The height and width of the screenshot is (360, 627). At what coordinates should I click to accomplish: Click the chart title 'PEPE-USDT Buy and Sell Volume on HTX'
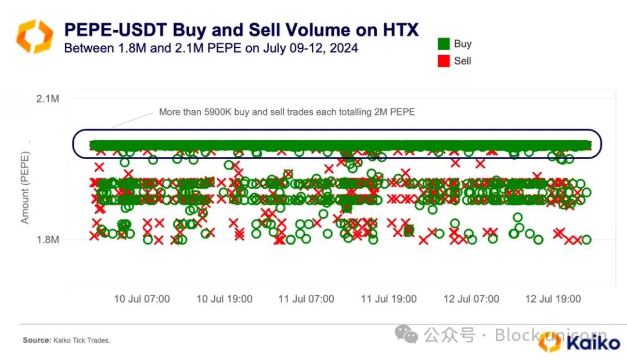click(241, 30)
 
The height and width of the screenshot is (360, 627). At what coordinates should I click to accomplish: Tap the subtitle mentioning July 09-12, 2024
click(211, 48)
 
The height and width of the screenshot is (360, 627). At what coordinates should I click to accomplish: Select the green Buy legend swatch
click(444, 44)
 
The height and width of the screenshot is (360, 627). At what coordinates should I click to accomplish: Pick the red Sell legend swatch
click(444, 61)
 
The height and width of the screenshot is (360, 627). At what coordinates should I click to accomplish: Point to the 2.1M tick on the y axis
click(48, 99)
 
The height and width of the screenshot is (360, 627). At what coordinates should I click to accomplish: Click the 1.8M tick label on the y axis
click(48, 239)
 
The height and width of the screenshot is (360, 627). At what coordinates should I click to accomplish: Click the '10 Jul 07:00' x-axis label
click(142, 299)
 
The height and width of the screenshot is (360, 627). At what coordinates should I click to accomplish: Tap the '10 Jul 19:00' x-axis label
click(224, 299)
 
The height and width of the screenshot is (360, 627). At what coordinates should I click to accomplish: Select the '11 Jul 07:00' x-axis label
click(307, 299)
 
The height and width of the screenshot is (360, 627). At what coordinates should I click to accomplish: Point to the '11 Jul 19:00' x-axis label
click(389, 299)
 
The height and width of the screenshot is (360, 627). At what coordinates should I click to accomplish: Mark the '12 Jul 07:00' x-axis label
click(471, 299)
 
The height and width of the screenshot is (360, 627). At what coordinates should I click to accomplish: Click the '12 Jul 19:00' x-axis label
click(553, 299)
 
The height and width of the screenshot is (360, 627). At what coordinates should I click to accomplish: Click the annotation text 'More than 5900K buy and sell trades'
click(287, 111)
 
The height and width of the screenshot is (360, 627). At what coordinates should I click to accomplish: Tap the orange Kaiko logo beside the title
click(34, 36)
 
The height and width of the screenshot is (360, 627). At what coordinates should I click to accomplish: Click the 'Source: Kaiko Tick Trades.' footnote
click(66, 340)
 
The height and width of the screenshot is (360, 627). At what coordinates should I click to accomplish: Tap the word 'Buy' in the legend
click(463, 44)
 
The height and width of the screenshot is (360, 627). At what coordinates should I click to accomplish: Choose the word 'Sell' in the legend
click(463, 61)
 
